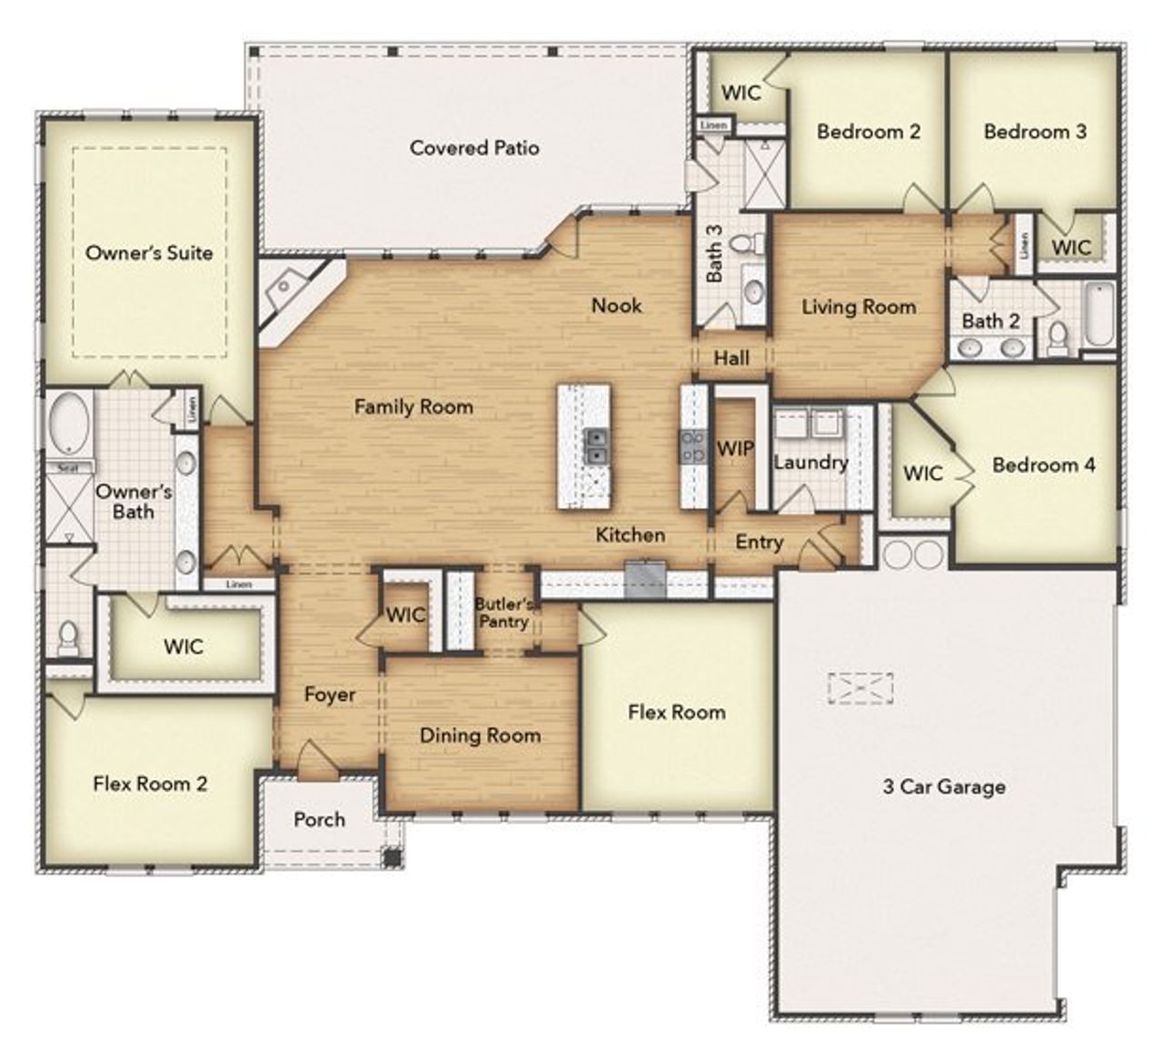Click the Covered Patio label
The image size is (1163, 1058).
pyautogui.click(x=474, y=147)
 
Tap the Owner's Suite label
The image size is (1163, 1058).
pyautogui.click(x=149, y=253)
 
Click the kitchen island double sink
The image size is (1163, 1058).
pyautogui.click(x=596, y=446)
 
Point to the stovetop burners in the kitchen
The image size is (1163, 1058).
pyautogui.click(x=693, y=447)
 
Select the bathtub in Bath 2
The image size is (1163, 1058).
pyautogui.click(x=1098, y=314)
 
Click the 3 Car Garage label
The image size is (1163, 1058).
pyautogui.click(x=944, y=786)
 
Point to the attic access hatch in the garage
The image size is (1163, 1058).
pyautogui.click(x=860, y=688)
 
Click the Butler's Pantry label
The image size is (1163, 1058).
pyautogui.click(x=503, y=613)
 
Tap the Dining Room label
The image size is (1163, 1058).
pyautogui.click(x=480, y=735)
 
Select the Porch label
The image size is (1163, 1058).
pyautogui.click(x=319, y=819)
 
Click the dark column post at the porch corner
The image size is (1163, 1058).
pyautogui.click(x=392, y=856)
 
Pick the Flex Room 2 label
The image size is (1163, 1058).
pyautogui.click(x=150, y=783)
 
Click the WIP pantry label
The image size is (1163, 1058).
pyautogui.click(x=734, y=448)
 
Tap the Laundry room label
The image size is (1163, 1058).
pyautogui.click(x=810, y=462)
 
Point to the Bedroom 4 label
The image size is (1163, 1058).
pyautogui.click(x=1043, y=464)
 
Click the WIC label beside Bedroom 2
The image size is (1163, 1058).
pyautogui.click(x=741, y=92)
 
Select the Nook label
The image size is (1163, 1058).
pyautogui.click(x=616, y=305)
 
